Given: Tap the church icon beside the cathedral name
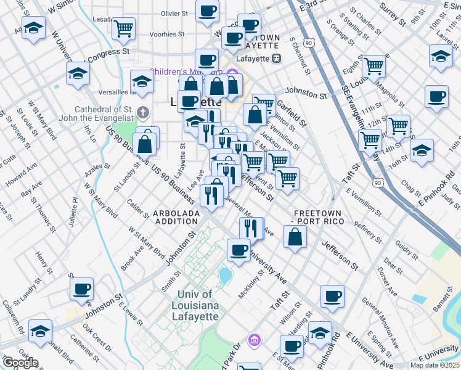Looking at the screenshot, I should (143, 113).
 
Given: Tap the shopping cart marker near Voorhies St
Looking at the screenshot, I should (124, 27).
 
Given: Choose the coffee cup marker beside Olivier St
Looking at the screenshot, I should (207, 10).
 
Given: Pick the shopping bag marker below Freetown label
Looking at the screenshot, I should (295, 237).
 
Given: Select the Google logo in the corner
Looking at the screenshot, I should (20, 363).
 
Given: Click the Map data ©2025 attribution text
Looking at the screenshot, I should (434, 365).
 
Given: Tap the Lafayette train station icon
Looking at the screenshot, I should (277, 59).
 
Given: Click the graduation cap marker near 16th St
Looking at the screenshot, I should (422, 150).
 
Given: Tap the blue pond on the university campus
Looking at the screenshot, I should (224, 274).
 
